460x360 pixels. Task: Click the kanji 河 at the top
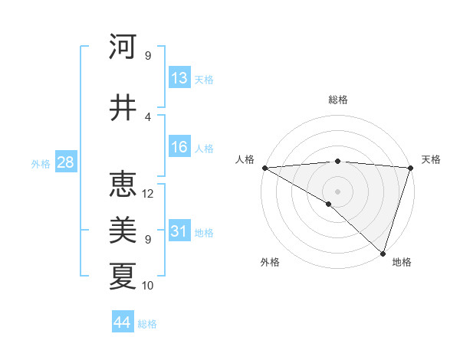coord(123,47)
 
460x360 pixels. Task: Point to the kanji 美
coord(123,229)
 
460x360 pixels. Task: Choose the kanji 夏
coord(123,275)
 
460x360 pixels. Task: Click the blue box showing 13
coord(179,78)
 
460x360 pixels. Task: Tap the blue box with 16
coord(179,148)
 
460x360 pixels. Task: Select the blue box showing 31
coord(179,232)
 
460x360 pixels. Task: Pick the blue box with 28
coord(65,162)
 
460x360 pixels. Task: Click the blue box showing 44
coord(123,322)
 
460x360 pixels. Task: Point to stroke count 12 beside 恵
coord(148,193)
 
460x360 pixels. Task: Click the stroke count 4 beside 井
coord(148,117)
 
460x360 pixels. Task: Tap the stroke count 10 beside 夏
coord(148,285)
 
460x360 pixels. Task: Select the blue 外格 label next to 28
coord(41,163)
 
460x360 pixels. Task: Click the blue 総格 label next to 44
coord(147,324)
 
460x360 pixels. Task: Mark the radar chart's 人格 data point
coord(264,168)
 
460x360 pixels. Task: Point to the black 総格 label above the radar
coord(337,100)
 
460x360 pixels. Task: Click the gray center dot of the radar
coord(337,191)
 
